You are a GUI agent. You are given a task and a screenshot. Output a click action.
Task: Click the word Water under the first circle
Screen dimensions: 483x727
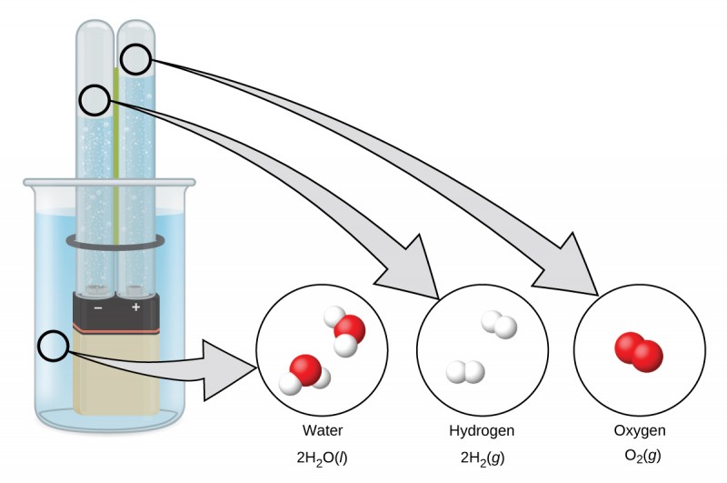pos(324,430)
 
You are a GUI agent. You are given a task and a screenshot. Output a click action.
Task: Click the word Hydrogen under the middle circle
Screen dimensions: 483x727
pos(482,430)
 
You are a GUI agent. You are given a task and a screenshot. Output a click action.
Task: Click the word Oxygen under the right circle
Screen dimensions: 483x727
pos(641,430)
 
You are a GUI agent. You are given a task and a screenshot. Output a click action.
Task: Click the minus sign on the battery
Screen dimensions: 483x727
pos(97,307)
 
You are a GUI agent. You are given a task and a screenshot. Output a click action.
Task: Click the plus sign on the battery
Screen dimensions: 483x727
pos(136,307)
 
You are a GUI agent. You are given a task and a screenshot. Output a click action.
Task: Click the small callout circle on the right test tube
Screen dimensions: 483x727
pos(136,60)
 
